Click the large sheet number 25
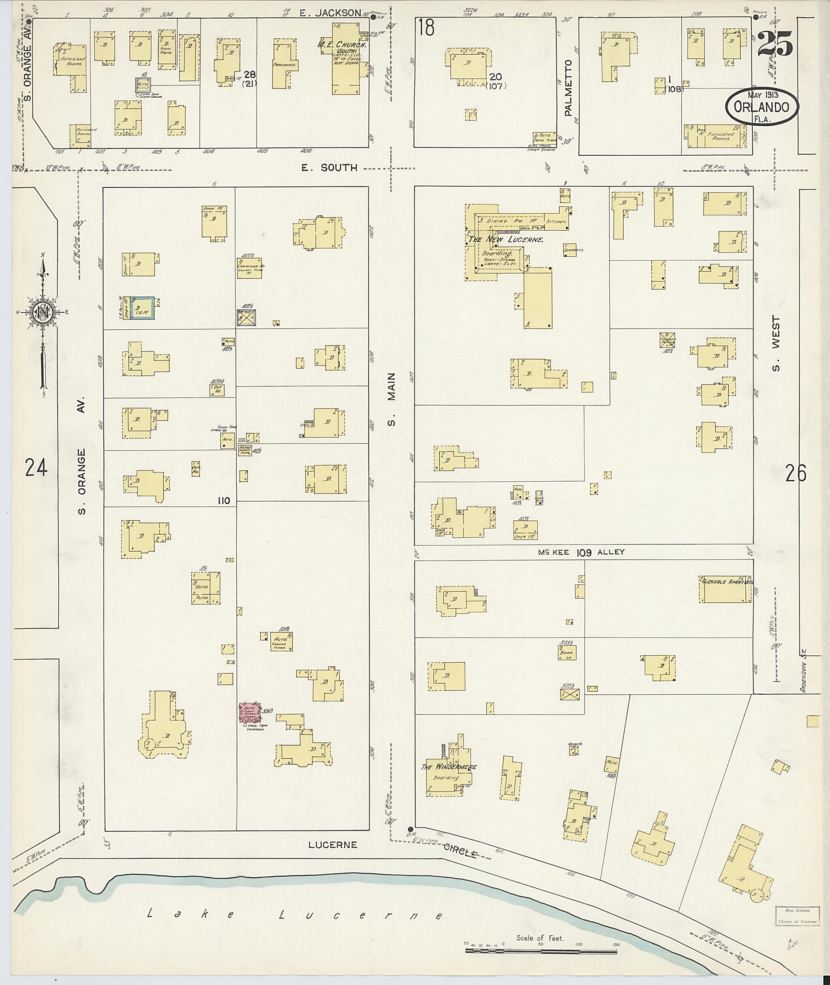pyautogui.click(x=775, y=44)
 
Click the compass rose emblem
pyautogui.click(x=42, y=311)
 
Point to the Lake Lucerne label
pyautogui.click(x=295, y=915)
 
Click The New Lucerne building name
pyautogui.click(x=506, y=240)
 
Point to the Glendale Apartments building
pyautogui.click(x=725, y=588)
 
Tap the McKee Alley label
pyautogui.click(x=582, y=552)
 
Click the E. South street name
pyautogui.click(x=329, y=167)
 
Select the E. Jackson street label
pyautogui.click(x=332, y=13)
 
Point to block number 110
pyautogui.click(x=223, y=500)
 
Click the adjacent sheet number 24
pyautogui.click(x=36, y=468)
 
